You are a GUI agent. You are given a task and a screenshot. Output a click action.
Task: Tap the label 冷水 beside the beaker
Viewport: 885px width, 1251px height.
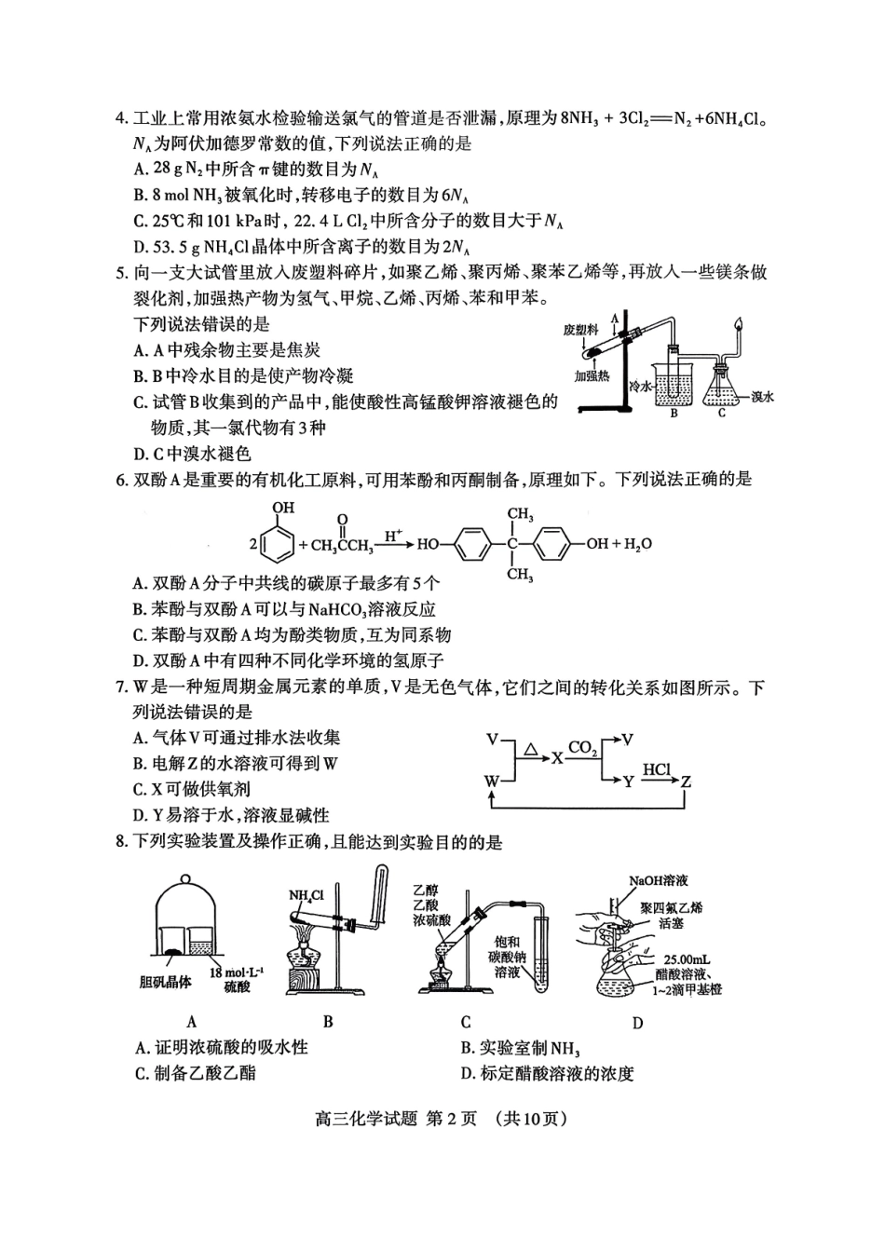(640, 386)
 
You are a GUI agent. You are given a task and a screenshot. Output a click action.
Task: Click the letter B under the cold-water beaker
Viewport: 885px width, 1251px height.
(674, 414)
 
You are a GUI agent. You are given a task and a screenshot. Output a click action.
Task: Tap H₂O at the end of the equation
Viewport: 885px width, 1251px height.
(638, 545)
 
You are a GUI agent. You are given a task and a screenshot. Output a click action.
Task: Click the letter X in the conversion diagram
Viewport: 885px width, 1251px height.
(557, 757)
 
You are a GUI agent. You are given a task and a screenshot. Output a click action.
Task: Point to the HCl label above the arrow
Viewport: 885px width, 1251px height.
(657, 770)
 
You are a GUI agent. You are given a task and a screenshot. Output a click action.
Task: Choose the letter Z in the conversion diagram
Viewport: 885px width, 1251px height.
(686, 782)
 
